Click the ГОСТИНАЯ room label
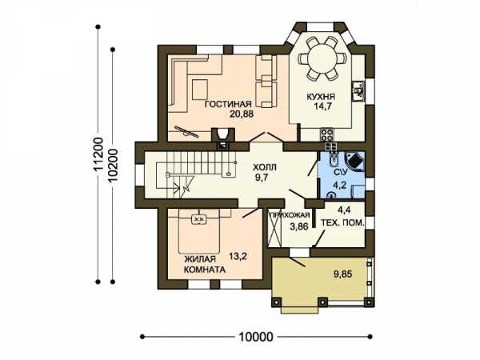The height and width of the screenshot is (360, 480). pyautogui.click(x=228, y=104)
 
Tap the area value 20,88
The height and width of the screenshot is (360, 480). pyautogui.click(x=242, y=114)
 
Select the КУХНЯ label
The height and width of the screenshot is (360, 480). pyautogui.click(x=321, y=97)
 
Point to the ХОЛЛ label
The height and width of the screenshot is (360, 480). pyautogui.click(x=265, y=167)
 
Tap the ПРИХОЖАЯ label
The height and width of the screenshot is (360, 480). pyautogui.click(x=290, y=215)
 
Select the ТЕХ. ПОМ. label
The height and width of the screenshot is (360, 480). pyautogui.click(x=343, y=222)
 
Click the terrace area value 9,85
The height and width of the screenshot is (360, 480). pyautogui.click(x=342, y=274)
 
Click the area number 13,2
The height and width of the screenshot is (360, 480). pyautogui.click(x=238, y=256)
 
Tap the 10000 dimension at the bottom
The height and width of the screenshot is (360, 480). pyautogui.click(x=255, y=337)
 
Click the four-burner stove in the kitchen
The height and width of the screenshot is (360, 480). pyautogui.click(x=326, y=134)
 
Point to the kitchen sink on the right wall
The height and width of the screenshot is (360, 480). pyautogui.click(x=358, y=91)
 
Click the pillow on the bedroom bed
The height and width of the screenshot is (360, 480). pyautogui.click(x=199, y=219)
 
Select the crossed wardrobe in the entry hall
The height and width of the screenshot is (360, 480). pyautogui.click(x=274, y=229)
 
